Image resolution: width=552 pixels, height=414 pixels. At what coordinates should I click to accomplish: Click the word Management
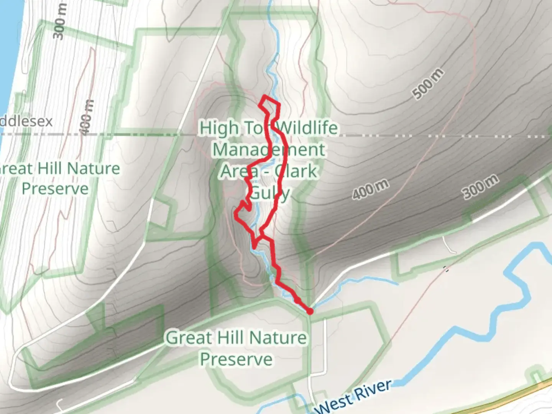269,149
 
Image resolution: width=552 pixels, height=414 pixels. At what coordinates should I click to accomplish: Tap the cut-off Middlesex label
26,122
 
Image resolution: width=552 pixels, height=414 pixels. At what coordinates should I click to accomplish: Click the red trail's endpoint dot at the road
310,312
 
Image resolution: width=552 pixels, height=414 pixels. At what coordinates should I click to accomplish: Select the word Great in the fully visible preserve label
189,338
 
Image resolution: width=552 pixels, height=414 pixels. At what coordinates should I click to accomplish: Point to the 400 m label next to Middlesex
87,117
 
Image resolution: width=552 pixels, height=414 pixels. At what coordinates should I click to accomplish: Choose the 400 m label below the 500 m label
371,189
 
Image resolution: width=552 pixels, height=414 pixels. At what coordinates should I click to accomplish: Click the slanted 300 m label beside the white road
481,186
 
